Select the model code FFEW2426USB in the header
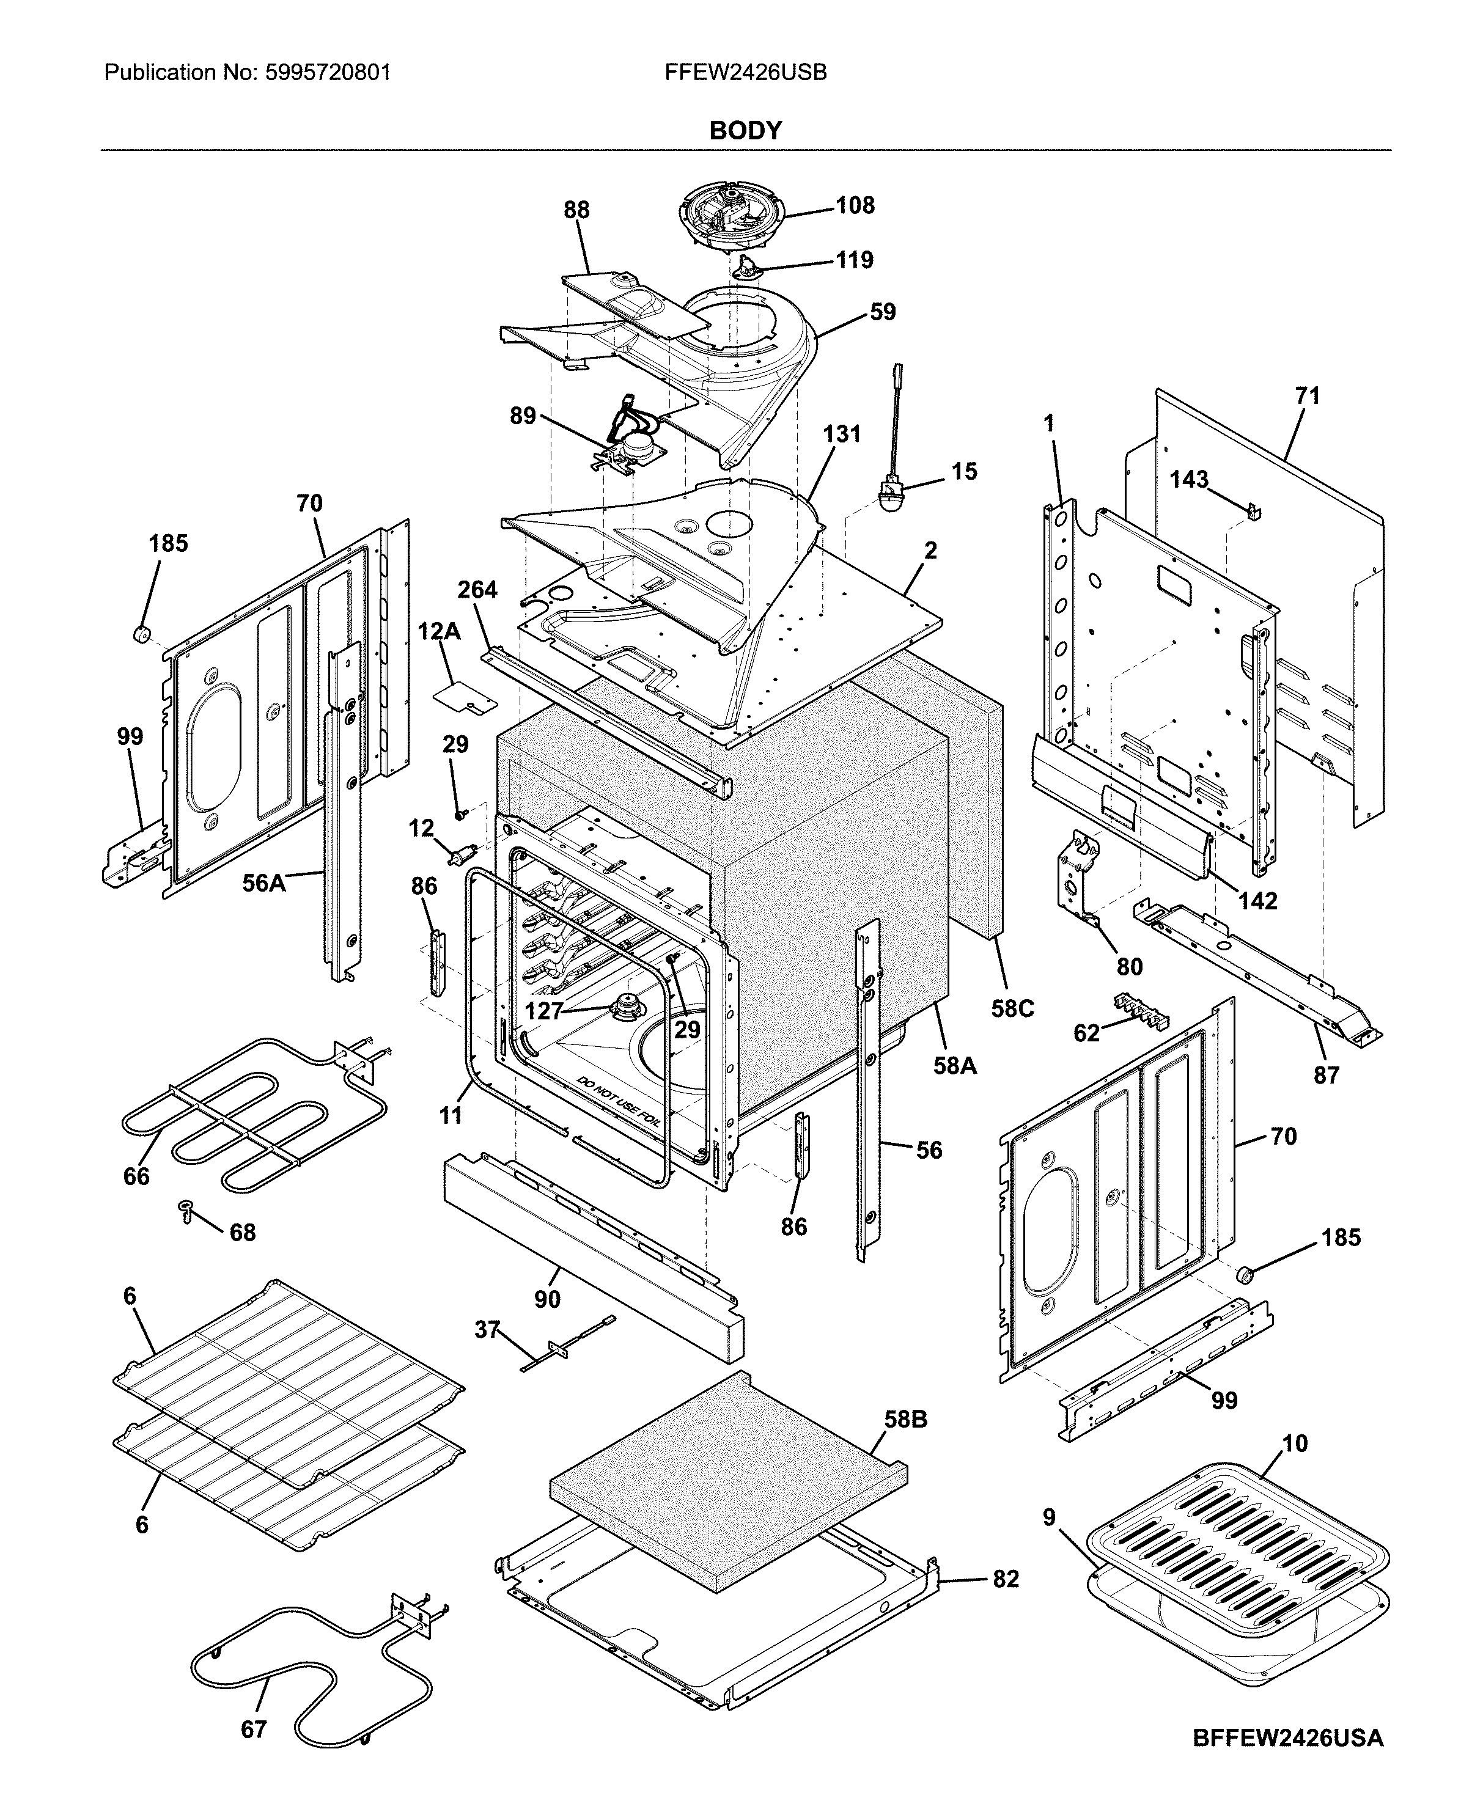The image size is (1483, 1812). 745,73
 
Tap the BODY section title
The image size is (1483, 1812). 745,131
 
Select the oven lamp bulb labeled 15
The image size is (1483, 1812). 891,495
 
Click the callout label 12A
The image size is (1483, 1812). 439,632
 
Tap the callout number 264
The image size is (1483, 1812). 477,590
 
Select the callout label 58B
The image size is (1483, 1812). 905,1420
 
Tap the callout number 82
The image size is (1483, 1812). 1006,1579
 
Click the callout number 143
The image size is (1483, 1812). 1189,480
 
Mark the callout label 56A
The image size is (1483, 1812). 264,882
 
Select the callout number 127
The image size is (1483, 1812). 543,1011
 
